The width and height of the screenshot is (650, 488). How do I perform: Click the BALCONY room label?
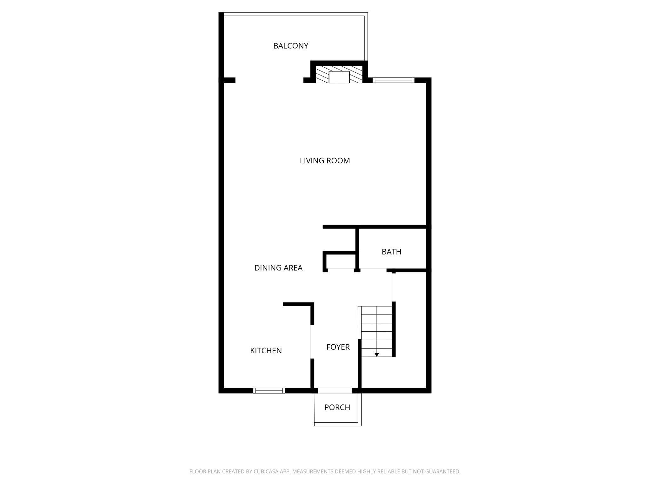tap(290, 46)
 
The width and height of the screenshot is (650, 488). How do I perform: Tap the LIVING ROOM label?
tap(325, 161)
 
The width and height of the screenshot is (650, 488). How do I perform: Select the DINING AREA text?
tap(278, 268)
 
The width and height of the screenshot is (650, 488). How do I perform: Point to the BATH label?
tap(391, 252)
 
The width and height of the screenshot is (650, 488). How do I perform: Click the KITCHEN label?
tap(266, 350)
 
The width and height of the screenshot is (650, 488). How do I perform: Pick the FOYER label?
tap(338, 347)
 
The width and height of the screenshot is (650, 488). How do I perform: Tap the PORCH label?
tap(337, 407)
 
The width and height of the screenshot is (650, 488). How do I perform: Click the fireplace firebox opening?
tap(339, 77)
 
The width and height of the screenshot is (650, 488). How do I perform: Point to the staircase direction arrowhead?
tap(377, 355)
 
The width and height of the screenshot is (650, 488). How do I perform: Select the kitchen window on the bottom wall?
tap(269, 390)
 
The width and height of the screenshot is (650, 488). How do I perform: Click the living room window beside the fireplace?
tap(393, 80)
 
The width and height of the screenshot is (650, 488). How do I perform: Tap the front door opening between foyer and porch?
tap(335, 390)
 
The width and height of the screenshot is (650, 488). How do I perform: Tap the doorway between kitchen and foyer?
tap(312, 342)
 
